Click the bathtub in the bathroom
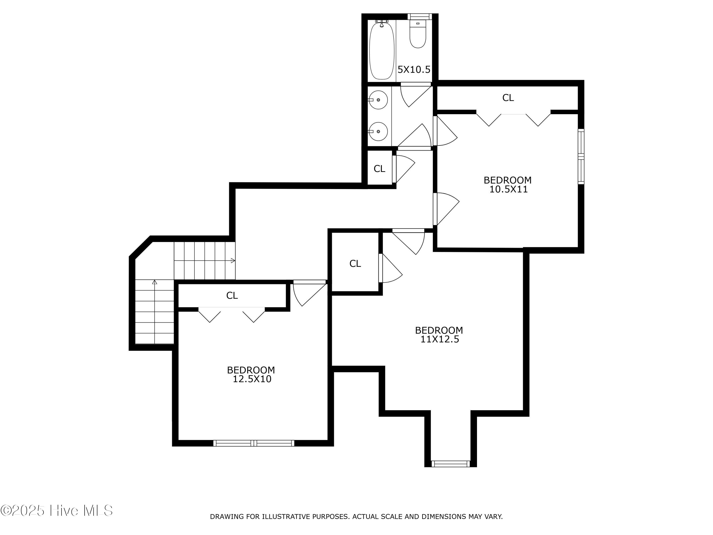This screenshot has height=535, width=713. point(382,50)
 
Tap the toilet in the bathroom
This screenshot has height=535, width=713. point(418,34)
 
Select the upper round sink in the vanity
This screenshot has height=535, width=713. point(378,100)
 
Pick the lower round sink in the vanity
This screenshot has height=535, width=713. point(378,131)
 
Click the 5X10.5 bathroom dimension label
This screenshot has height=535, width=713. point(414,69)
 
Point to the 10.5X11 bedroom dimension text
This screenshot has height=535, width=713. point(509,189)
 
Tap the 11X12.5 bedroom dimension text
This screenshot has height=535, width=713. point(440,339)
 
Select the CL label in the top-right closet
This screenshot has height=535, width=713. point(508,98)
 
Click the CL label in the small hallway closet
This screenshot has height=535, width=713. point(379,169)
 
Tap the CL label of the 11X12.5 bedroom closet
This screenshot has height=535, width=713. point(355,264)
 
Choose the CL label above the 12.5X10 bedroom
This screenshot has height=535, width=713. point(232,295)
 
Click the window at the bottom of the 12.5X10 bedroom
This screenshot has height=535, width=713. point(254,443)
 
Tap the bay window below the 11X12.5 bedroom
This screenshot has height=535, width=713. point(450,464)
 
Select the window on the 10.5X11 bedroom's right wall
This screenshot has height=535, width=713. point(581,157)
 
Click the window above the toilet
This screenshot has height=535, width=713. point(419,16)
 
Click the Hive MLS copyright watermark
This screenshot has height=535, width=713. point(57,511)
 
